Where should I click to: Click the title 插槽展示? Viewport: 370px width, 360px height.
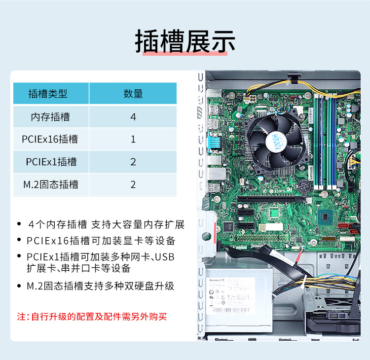coord(185,41)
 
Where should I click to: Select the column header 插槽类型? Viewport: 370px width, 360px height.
coord(48,93)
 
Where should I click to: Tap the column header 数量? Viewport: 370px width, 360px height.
coord(133,93)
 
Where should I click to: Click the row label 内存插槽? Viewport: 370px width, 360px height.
coord(50,117)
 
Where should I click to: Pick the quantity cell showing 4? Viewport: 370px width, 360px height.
coord(133,117)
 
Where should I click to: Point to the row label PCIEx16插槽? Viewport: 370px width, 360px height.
coord(50,139)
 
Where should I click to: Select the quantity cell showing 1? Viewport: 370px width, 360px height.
coord(133,139)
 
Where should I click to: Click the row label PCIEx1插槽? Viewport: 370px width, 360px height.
coord(51,162)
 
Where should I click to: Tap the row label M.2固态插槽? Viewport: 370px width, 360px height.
coord(51,184)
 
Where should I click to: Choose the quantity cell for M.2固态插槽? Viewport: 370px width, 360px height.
coord(133,184)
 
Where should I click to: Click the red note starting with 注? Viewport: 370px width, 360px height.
coord(92,317)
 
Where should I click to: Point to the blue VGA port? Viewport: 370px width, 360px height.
coord(214,143)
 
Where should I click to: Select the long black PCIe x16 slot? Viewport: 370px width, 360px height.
coord(270,199)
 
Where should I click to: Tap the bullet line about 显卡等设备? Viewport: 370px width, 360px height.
coord(101,241)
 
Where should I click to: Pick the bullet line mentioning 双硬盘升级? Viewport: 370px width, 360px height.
coord(100,286)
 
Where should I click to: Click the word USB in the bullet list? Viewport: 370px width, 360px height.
coord(164,257)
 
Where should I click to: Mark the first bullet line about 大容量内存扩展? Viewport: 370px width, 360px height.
coord(106,224)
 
